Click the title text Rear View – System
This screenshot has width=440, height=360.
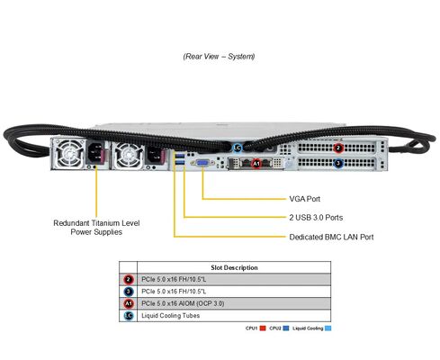point(219,56)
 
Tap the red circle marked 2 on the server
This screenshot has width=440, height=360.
point(338,148)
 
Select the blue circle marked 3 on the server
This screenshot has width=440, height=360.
point(338,164)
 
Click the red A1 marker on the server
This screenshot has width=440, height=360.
point(256,164)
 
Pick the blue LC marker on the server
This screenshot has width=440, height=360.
point(238,148)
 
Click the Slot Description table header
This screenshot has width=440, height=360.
point(233,267)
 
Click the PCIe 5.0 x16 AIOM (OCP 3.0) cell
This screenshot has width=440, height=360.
point(183,303)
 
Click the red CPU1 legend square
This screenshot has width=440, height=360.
point(261,328)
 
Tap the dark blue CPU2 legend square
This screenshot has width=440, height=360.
point(284,328)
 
